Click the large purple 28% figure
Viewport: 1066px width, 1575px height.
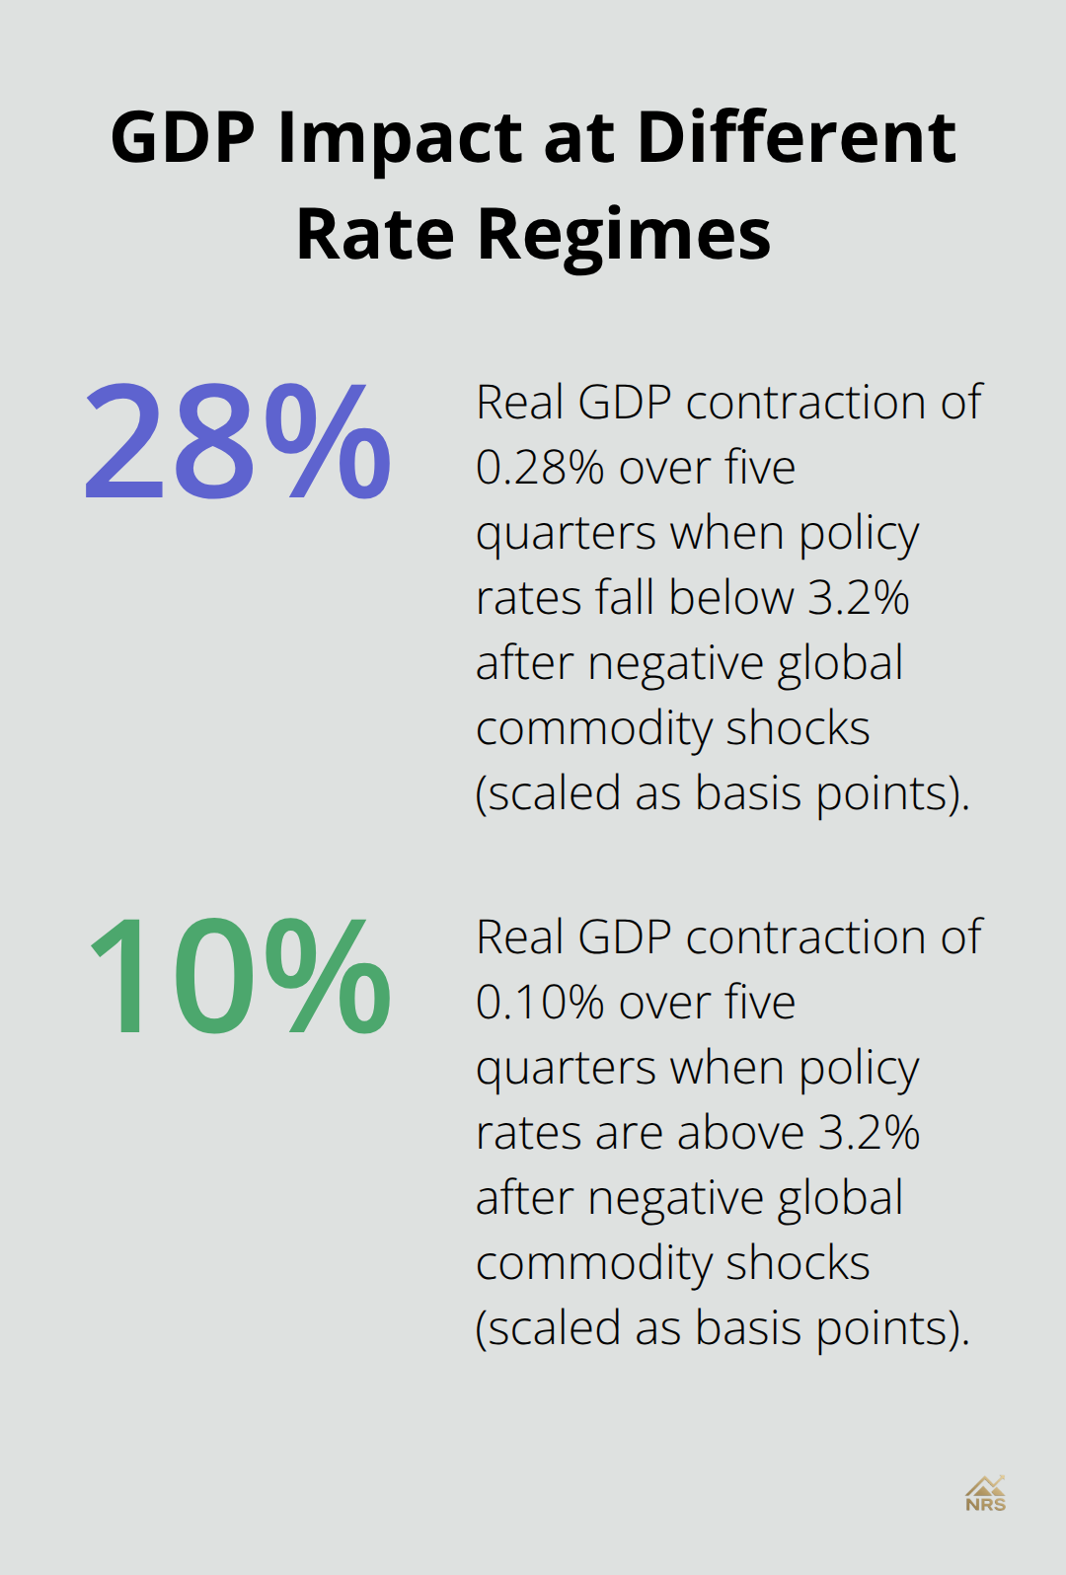tap(238, 440)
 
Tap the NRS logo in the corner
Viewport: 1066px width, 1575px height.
tap(985, 1494)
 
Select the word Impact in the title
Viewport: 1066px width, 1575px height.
tap(400, 139)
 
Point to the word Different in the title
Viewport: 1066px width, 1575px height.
tap(797, 137)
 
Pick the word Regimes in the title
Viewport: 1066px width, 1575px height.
tap(624, 236)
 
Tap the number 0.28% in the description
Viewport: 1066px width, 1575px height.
tap(540, 468)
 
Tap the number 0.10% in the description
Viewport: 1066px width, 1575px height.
tap(540, 1003)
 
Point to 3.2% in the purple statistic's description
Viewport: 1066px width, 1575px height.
tap(859, 598)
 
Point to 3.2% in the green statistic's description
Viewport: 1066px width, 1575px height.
tap(870, 1133)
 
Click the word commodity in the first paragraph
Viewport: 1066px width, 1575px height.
tap(594, 730)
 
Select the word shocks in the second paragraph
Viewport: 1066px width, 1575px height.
tap(798, 1263)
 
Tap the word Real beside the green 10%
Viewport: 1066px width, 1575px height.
tap(520, 937)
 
